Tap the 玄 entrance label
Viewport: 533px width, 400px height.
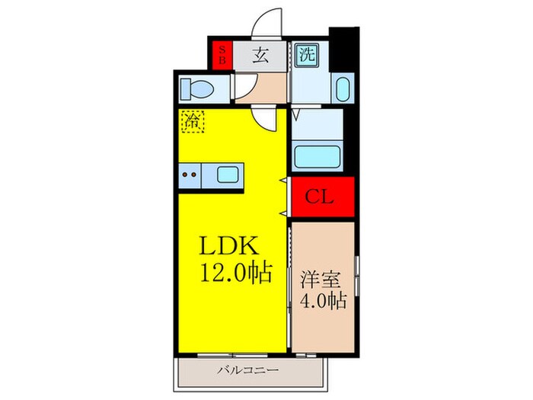tap(260, 55)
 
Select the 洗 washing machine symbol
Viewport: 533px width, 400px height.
tap(305, 55)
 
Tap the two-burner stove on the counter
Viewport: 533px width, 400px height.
tap(191, 175)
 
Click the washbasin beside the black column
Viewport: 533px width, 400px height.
tap(342, 88)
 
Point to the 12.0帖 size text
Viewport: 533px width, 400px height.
tap(235, 273)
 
